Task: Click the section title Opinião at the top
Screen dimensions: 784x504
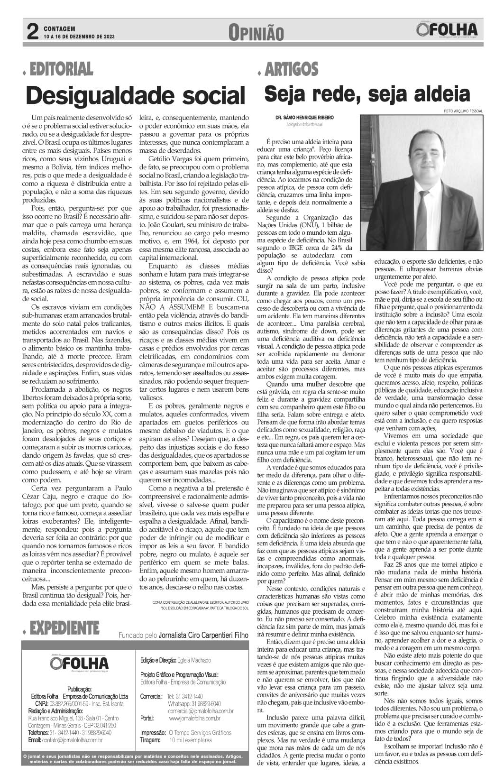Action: [256, 33]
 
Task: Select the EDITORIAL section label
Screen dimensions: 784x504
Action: [61, 69]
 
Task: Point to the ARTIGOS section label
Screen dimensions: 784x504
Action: [291, 69]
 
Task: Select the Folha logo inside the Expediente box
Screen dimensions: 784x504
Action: [79, 662]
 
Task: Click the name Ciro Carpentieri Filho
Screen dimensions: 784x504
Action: [203, 635]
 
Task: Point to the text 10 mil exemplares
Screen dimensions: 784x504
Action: [191, 740]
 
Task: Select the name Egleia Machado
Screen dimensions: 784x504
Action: [194, 660]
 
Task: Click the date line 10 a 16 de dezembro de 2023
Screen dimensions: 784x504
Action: [79, 37]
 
